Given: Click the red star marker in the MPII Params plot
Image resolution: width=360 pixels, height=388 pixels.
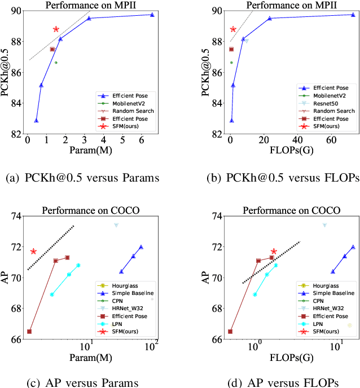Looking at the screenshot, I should [x=56, y=29].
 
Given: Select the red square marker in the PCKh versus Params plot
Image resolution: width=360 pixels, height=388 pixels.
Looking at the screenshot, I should [x=52, y=49].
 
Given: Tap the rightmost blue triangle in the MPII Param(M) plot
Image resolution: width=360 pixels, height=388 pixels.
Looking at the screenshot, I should [x=152, y=15].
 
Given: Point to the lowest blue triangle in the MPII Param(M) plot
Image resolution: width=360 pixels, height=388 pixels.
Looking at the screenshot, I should [x=36, y=121].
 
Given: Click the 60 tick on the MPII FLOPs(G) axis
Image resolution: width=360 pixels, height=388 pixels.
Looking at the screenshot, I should [x=330, y=140].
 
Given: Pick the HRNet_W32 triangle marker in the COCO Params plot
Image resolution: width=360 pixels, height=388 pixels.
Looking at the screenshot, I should [x=116, y=225].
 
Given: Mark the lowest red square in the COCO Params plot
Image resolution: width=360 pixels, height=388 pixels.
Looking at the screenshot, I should [x=29, y=332].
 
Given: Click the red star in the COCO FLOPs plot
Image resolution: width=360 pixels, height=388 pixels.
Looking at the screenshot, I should [x=274, y=252].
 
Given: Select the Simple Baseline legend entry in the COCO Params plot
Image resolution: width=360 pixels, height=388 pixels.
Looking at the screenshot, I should [x=130, y=293].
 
